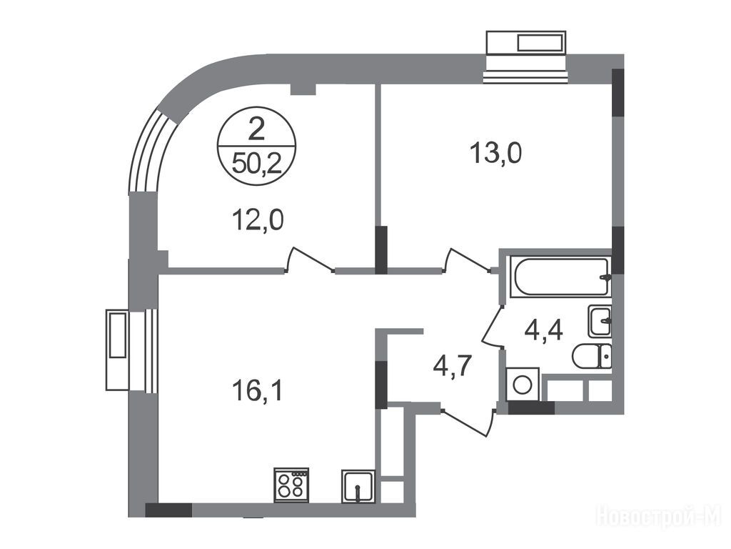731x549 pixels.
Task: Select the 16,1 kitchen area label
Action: pos(257,391)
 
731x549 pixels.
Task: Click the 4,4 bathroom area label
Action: pos(543,330)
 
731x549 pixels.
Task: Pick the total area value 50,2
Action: pos(257,164)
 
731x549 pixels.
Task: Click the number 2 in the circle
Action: pos(257,129)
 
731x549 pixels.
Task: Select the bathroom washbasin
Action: pos(600,321)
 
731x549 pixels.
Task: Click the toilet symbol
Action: pos(592,357)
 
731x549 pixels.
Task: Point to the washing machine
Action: pos(522,384)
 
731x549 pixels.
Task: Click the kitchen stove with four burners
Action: pos(291,485)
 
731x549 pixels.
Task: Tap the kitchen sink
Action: pos(358,487)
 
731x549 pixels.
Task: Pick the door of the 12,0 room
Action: pos(310,259)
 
